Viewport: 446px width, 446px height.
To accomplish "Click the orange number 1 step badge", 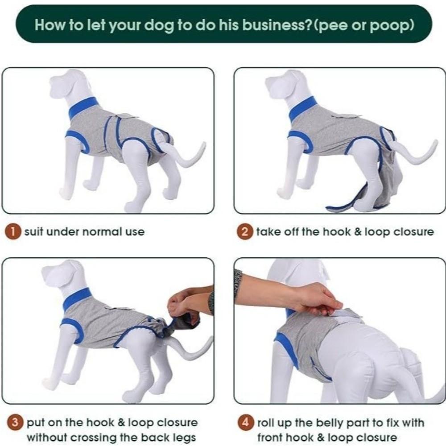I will (16, 232).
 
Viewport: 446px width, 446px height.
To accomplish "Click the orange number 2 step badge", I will (245, 232).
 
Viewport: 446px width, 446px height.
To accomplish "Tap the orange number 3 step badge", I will (16, 422).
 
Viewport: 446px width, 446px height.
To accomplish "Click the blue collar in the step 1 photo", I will (83, 107).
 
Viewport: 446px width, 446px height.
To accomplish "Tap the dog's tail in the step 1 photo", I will (187, 156).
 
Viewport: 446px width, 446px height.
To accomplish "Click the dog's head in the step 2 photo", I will (285, 85).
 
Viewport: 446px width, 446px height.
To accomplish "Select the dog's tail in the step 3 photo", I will (192, 350).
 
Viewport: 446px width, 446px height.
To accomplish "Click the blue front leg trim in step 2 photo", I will (301, 140).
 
